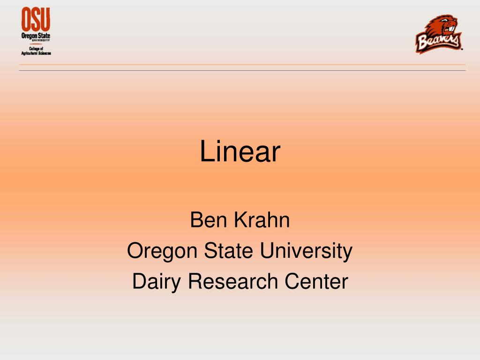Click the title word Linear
240,152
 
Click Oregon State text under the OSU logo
36,36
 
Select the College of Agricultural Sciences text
36,51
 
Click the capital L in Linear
205,152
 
